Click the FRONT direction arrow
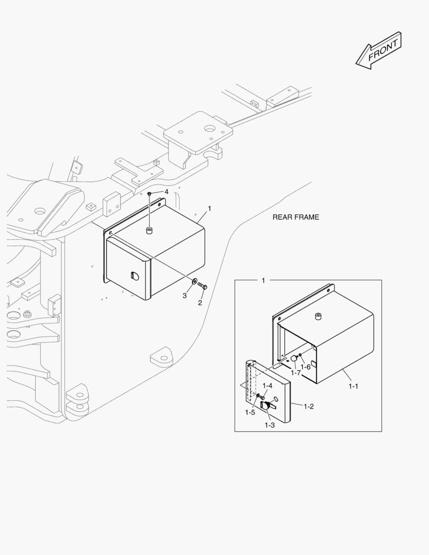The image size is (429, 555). [x=378, y=50]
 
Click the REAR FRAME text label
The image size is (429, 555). [x=295, y=217]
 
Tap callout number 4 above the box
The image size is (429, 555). [x=166, y=192]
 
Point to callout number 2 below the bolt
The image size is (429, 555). [x=200, y=302]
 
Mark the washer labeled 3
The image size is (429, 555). [x=193, y=282]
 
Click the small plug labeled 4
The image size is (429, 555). [x=148, y=194]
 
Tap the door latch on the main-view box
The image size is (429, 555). [x=135, y=276]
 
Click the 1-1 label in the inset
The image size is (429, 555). [x=352, y=386]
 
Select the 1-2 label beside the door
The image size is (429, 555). [x=308, y=406]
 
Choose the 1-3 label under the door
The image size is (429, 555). [x=270, y=424]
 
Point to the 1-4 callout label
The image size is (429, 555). [x=267, y=385]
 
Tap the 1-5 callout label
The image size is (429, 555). [x=250, y=412]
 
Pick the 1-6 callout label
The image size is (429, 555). [x=306, y=366]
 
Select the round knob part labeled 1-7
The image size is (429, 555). [x=294, y=359]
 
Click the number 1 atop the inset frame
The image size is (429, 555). [x=263, y=281]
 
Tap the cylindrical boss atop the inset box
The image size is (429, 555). [x=318, y=316]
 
